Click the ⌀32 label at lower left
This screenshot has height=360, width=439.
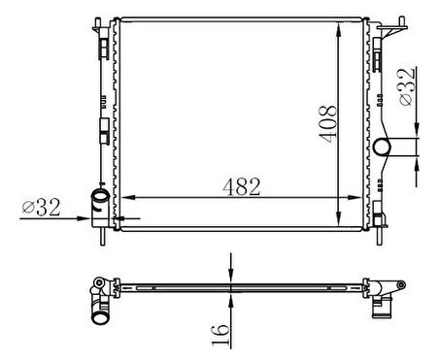click(x=42, y=207)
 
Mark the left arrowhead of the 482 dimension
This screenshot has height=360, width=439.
click(x=121, y=197)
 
